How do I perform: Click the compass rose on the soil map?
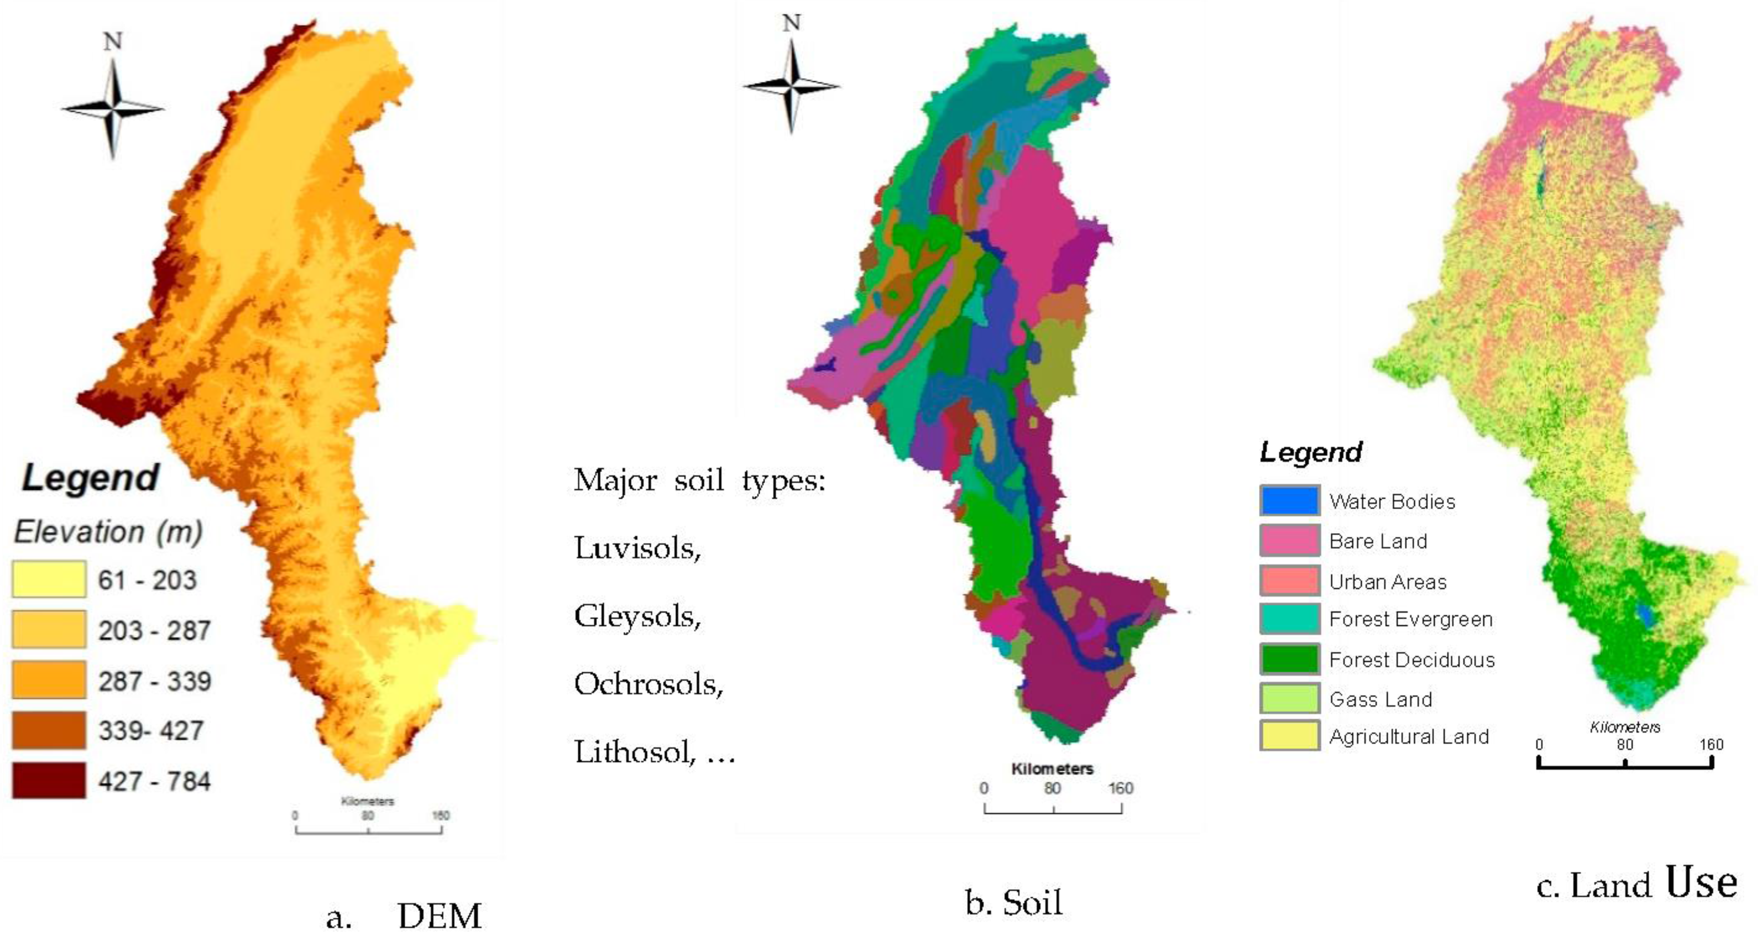(x=792, y=86)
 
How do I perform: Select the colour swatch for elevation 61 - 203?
(x=48, y=579)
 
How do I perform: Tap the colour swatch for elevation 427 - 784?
(x=48, y=780)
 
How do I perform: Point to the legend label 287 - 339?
(x=154, y=681)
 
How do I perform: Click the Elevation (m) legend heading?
(x=108, y=532)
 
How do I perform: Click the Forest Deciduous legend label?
(x=1411, y=660)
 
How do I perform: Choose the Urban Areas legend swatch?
(x=1289, y=581)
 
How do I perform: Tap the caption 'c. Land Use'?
(x=1636, y=884)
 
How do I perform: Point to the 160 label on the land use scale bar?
(x=1711, y=745)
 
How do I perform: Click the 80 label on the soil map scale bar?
(x=1052, y=788)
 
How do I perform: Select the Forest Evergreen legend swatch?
(x=1289, y=619)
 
